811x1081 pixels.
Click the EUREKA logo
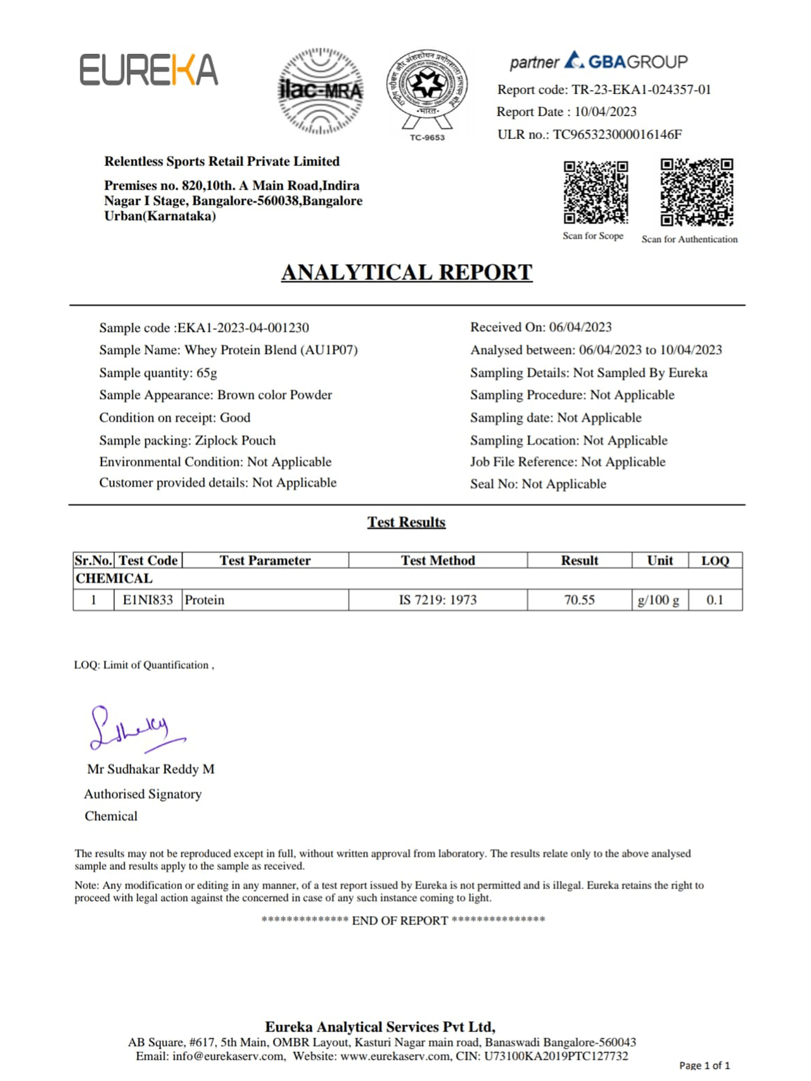pyautogui.click(x=149, y=70)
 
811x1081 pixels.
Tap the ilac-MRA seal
pyautogui.click(x=321, y=91)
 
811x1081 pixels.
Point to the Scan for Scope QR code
pyautogui.click(x=596, y=192)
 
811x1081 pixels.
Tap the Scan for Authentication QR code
pyautogui.click(x=696, y=192)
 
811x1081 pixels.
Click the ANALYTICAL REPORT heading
pyautogui.click(x=407, y=272)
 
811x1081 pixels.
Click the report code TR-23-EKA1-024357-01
pyautogui.click(x=641, y=90)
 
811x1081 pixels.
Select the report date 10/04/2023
pyautogui.click(x=605, y=112)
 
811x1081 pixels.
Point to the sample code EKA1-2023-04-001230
pyautogui.click(x=243, y=328)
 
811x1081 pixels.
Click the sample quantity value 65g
pyautogui.click(x=207, y=373)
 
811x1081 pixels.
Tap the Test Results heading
pyautogui.click(x=406, y=522)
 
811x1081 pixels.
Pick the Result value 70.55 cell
pyautogui.click(x=579, y=600)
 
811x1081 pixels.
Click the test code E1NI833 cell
pyautogui.click(x=148, y=600)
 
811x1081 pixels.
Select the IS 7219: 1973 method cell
pyautogui.click(x=437, y=600)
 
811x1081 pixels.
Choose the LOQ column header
pyautogui.click(x=715, y=561)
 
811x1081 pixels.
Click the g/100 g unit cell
pyautogui.click(x=659, y=600)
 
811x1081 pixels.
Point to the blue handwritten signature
pyautogui.click(x=134, y=729)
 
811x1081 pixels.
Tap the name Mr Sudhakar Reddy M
pyautogui.click(x=151, y=769)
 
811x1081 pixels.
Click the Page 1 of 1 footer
pyautogui.click(x=704, y=1065)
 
